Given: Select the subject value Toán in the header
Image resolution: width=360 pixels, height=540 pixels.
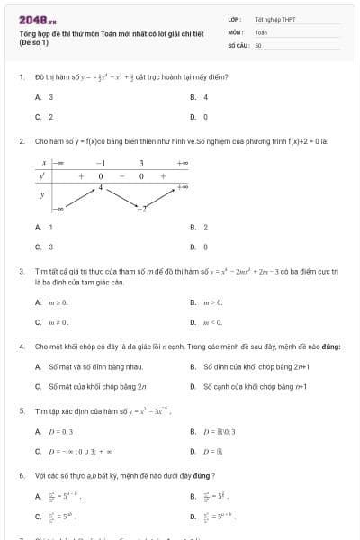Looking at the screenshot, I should click(261, 31).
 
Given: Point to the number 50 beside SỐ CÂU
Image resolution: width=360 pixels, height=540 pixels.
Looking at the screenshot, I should click(258, 44).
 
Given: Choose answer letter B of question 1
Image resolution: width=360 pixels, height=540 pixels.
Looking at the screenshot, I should click(193, 97).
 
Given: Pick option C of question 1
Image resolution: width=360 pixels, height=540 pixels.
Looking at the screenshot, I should click(38, 117).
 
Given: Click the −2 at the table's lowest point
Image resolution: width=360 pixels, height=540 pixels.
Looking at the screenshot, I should click(141, 209).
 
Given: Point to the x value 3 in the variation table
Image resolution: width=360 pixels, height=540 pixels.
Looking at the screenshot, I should click(141, 163).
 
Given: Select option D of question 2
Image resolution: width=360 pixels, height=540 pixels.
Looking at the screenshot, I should click(193, 247).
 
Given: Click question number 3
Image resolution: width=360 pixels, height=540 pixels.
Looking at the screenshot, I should click(21, 271).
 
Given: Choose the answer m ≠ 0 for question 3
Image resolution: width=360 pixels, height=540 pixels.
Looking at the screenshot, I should click(58, 321).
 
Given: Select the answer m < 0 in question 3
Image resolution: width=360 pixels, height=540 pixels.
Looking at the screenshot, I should click(214, 321).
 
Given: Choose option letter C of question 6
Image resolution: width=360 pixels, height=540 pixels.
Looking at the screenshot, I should click(38, 517).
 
